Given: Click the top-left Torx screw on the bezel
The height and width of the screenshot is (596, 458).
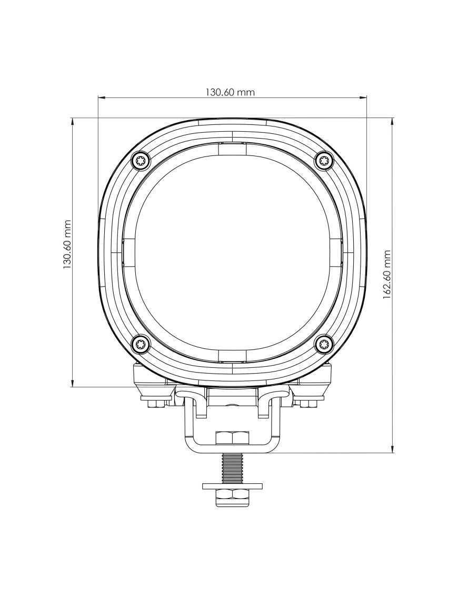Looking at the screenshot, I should (x=141, y=160).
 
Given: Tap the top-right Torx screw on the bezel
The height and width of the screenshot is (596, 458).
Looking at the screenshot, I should (x=324, y=160).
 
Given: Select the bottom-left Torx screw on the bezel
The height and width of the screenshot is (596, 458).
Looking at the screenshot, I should (x=141, y=345).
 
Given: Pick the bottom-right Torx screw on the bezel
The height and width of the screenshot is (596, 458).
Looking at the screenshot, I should (x=324, y=345).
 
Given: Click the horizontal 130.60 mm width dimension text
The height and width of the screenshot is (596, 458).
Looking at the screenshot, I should (x=230, y=92).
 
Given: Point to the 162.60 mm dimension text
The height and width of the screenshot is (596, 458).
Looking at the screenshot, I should (x=387, y=275).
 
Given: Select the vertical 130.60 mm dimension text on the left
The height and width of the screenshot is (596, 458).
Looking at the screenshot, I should (x=67, y=245).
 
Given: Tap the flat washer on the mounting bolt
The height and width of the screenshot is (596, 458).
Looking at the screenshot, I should (x=232, y=485).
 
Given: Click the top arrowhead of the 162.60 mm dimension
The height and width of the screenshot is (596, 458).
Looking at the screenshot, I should (x=392, y=122).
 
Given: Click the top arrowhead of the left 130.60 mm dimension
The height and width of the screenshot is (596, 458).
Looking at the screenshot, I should (x=72, y=122).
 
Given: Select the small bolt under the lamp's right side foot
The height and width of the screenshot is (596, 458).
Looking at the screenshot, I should (x=306, y=403).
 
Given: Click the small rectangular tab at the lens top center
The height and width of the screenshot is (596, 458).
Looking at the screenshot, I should (x=232, y=149).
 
